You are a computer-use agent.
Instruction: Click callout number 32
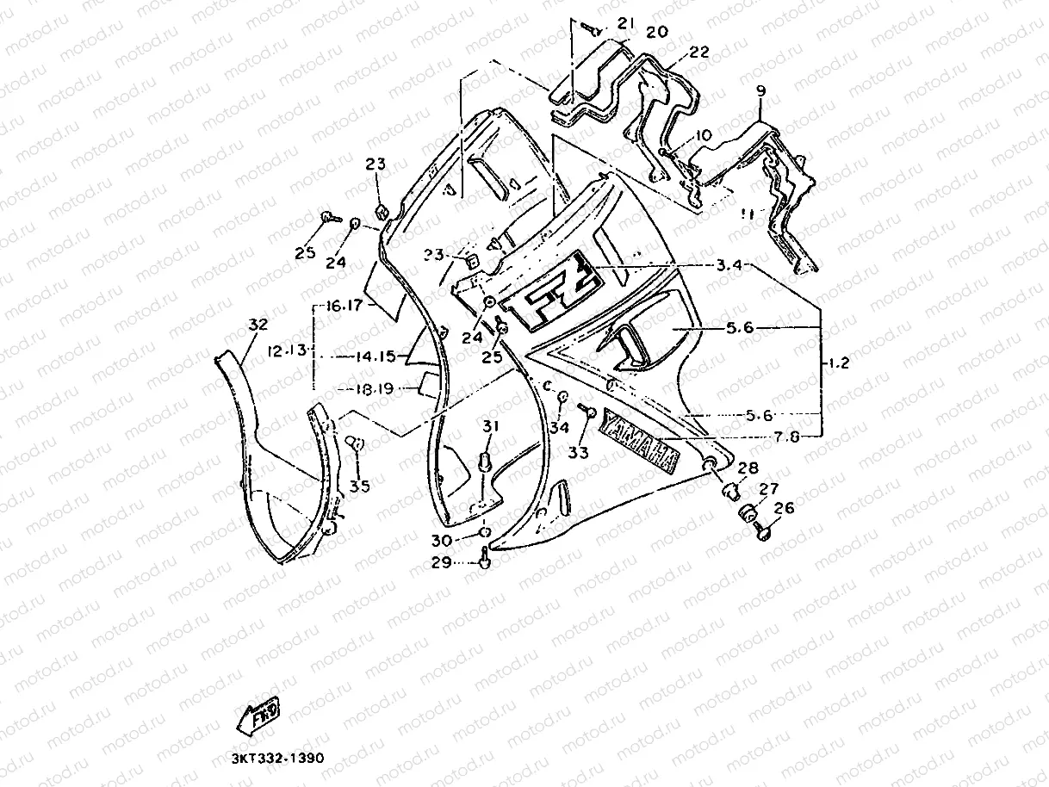[x=258, y=325]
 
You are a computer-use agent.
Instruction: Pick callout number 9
[x=760, y=90]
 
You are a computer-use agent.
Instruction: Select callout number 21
[x=625, y=22]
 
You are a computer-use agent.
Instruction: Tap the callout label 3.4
[x=729, y=264]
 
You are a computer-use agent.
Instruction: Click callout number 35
[x=360, y=486]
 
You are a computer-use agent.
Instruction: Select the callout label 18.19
[x=374, y=389]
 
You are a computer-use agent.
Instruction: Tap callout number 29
[x=440, y=562]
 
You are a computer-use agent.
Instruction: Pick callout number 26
[x=784, y=508]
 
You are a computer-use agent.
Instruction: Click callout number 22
[x=698, y=52]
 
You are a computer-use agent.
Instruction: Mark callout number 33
[x=578, y=451]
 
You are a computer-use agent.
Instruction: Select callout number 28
[x=748, y=468]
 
